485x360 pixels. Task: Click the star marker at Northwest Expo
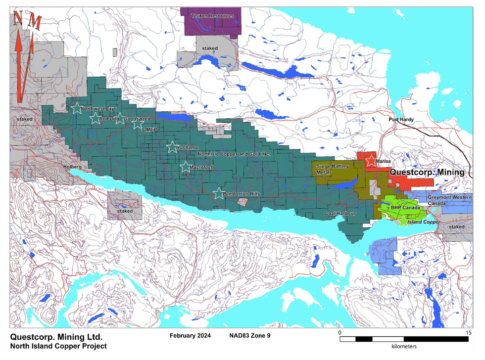[76, 108]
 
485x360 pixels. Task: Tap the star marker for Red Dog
[95, 118]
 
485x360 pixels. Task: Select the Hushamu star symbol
[172, 147]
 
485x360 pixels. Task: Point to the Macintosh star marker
[186, 167]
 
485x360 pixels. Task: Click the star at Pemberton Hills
[218, 193]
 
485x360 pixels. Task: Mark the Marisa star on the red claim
[371, 161]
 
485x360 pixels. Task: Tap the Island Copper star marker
[403, 222]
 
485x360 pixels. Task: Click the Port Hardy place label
[401, 120]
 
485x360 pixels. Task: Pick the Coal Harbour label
[339, 214]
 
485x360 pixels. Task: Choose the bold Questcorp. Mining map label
[427, 173]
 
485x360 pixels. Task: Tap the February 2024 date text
[190, 335]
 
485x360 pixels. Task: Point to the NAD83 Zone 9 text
[250, 335]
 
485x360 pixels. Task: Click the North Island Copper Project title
[58, 346]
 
